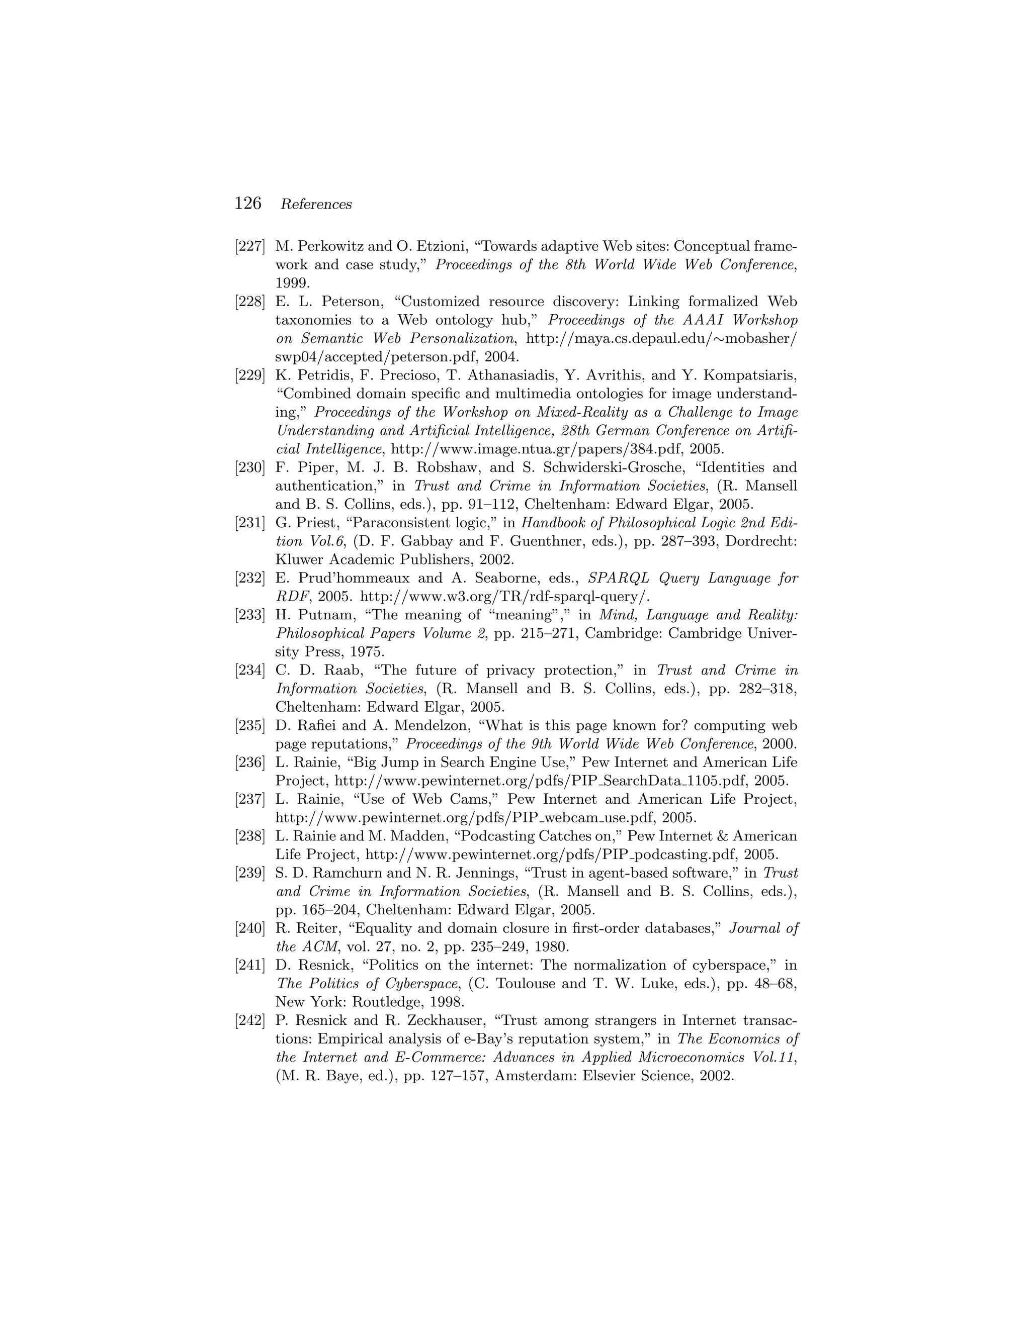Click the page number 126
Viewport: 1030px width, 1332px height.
[248, 204]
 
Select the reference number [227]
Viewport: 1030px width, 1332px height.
[250, 246]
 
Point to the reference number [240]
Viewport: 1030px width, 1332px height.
[250, 929]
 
